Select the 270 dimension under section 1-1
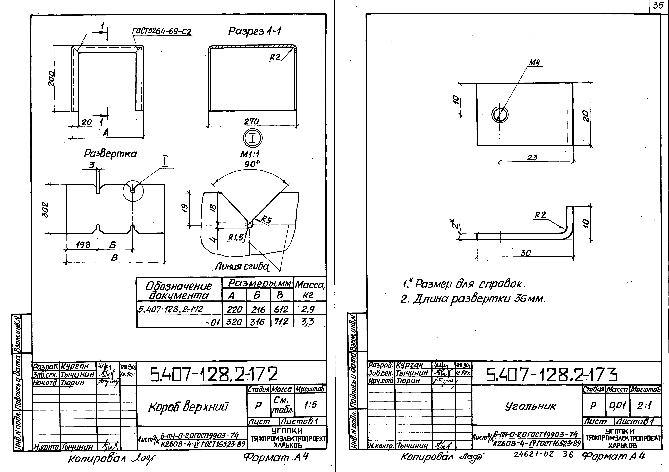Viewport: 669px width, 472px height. point(251,121)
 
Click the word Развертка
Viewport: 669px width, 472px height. point(110,153)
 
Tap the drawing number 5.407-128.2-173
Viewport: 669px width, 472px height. point(552,375)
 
